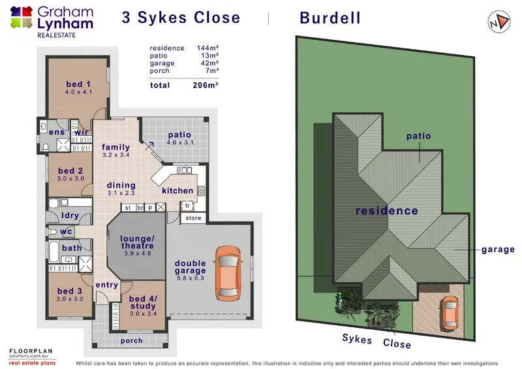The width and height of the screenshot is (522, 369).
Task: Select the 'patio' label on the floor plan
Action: (170, 135)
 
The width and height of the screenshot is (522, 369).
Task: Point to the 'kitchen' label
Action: (177, 191)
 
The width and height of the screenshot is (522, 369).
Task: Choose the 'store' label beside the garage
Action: (193, 218)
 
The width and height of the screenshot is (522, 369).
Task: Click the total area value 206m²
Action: (205, 86)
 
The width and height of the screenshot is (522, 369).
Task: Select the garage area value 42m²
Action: (207, 63)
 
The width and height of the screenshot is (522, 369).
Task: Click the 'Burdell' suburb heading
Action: (330, 18)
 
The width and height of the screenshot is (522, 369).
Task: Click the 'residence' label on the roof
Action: (386, 211)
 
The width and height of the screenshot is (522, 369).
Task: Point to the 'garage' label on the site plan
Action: (498, 249)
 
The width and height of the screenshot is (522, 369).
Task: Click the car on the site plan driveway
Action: (450, 312)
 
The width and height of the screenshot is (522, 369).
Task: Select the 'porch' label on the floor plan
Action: (132, 340)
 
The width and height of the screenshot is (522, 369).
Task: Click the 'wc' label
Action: (66, 232)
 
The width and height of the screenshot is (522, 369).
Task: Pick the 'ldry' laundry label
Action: (70, 215)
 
